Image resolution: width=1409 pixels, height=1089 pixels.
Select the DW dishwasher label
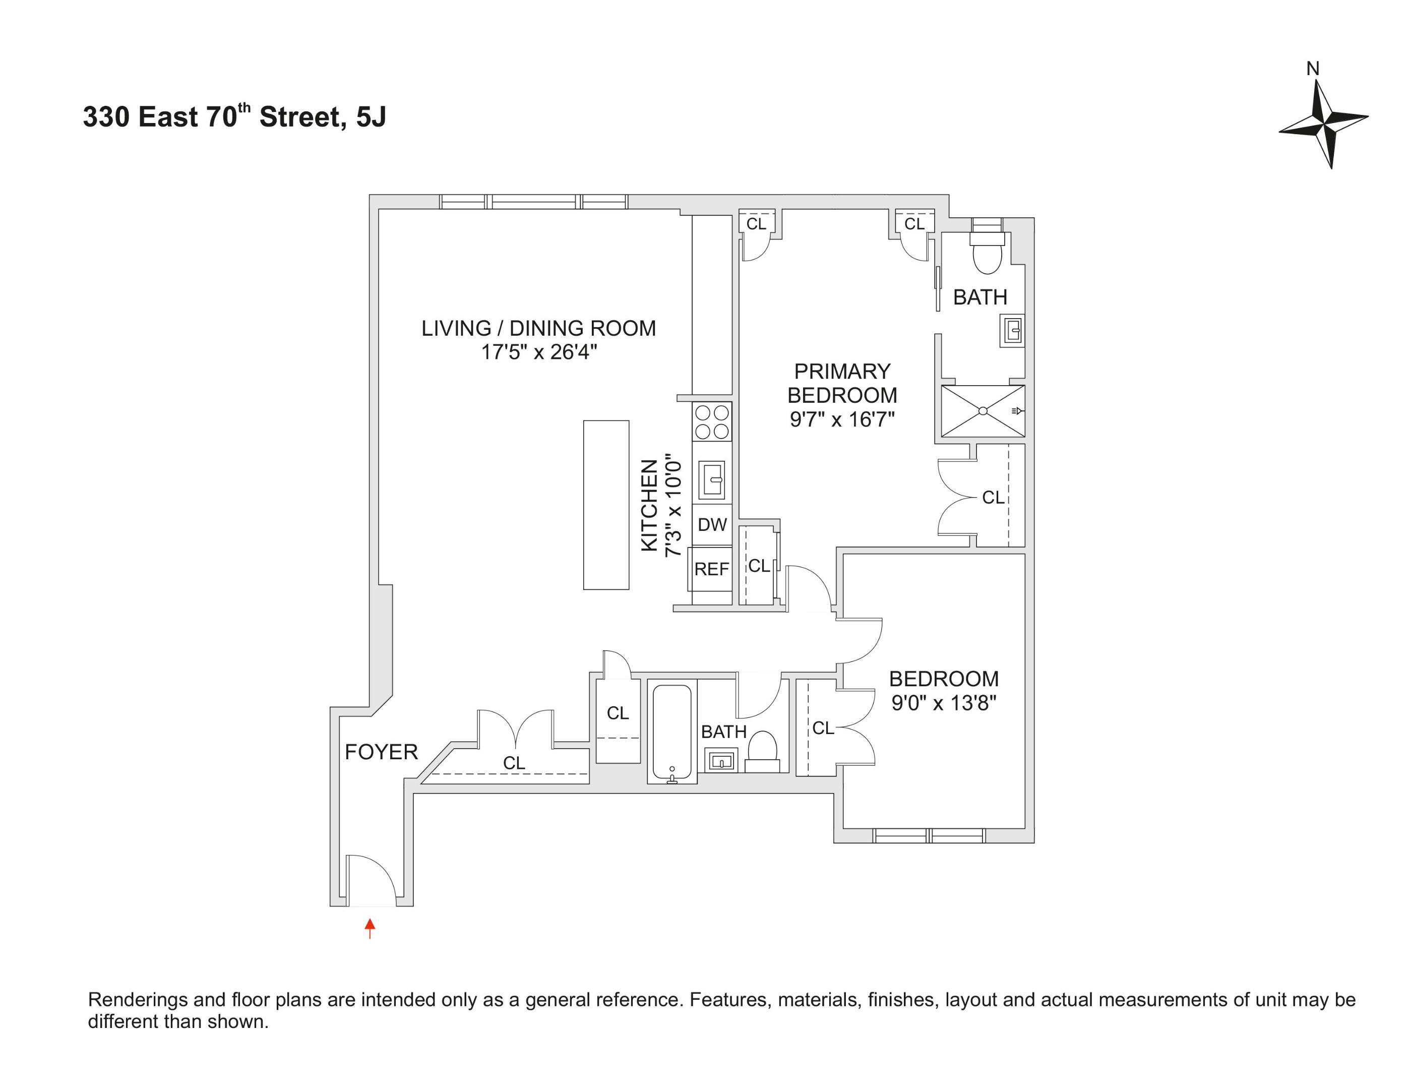click(712, 524)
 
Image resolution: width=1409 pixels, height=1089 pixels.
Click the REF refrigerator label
click(711, 569)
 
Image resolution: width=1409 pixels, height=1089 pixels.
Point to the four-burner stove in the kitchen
click(712, 421)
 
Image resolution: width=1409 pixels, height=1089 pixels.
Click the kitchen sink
click(712, 478)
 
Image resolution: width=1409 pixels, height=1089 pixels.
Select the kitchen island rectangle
click(606, 505)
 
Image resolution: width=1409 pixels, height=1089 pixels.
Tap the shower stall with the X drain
click(982, 411)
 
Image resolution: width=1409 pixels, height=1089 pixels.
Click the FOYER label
click(381, 752)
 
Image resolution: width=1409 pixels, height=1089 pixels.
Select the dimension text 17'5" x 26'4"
click(539, 352)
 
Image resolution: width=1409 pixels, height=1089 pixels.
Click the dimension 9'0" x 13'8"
click(944, 703)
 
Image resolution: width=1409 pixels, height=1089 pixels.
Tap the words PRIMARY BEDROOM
click(842, 383)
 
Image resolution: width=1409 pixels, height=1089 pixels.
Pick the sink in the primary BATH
click(1012, 332)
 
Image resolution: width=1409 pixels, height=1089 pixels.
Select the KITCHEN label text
click(649, 505)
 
